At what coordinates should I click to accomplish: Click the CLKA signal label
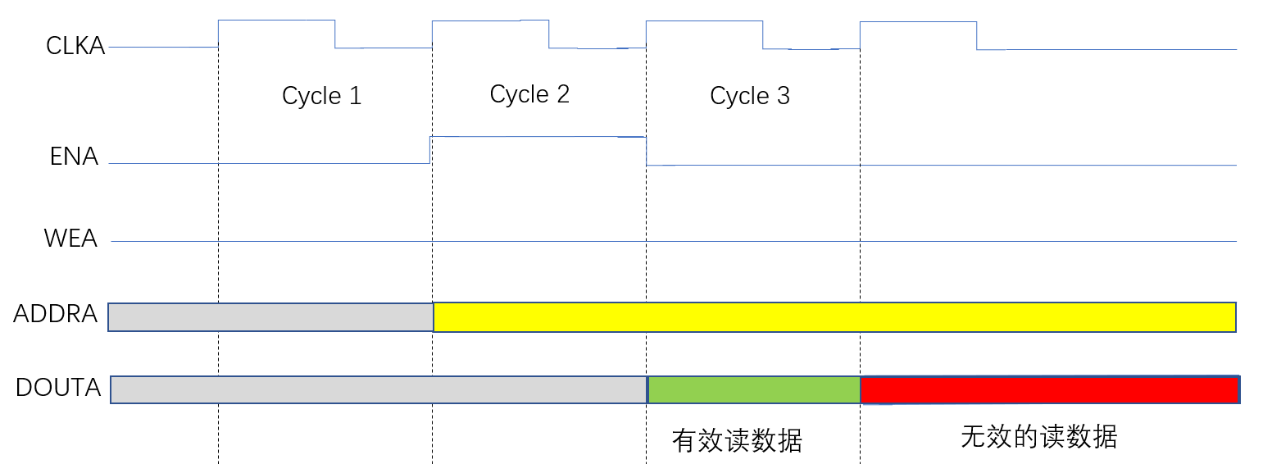75,46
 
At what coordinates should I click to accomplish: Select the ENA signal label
74,156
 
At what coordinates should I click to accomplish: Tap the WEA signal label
70,239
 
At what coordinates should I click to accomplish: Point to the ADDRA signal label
55,313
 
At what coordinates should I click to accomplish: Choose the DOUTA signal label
58,387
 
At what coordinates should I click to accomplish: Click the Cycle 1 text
321,96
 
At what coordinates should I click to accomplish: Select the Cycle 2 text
529,94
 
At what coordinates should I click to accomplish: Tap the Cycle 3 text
750,96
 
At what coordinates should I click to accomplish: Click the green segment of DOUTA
754,390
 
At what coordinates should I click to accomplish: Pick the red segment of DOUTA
1049,390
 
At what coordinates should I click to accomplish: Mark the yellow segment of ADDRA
834,317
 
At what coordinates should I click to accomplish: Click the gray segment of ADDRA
270,317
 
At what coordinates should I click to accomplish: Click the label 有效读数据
737,441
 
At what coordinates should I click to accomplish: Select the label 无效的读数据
1038,437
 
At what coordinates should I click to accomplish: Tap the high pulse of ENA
538,137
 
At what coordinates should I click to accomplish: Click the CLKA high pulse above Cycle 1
276,20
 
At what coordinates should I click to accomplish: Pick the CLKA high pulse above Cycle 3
704,21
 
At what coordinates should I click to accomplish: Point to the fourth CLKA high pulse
918,22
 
